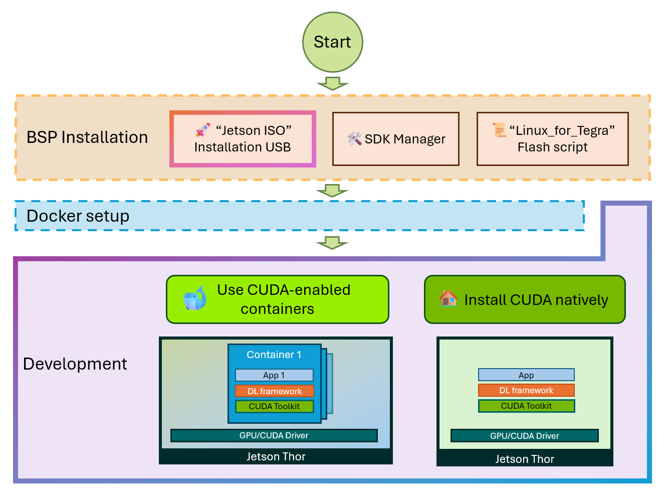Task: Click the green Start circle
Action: click(332, 42)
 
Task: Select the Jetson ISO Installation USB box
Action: click(243, 139)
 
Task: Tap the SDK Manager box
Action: click(396, 139)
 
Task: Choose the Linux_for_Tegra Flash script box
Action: click(552, 139)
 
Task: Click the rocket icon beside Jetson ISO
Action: click(203, 130)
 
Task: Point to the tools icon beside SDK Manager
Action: click(355, 139)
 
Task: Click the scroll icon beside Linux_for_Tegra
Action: click(500, 130)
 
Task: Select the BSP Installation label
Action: click(87, 137)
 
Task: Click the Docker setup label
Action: click(78, 216)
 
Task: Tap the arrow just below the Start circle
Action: click(332, 83)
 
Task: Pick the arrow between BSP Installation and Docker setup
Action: click(332, 191)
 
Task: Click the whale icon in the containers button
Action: click(195, 299)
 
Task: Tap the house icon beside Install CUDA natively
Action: click(449, 298)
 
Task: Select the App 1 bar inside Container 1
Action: click(274, 375)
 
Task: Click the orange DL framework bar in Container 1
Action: click(275, 391)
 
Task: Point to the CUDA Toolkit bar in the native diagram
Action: click(526, 406)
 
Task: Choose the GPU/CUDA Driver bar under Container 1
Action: click(274, 435)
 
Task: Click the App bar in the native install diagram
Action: click(526, 375)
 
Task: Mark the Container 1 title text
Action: click(274, 355)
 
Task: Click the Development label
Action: click(75, 364)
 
